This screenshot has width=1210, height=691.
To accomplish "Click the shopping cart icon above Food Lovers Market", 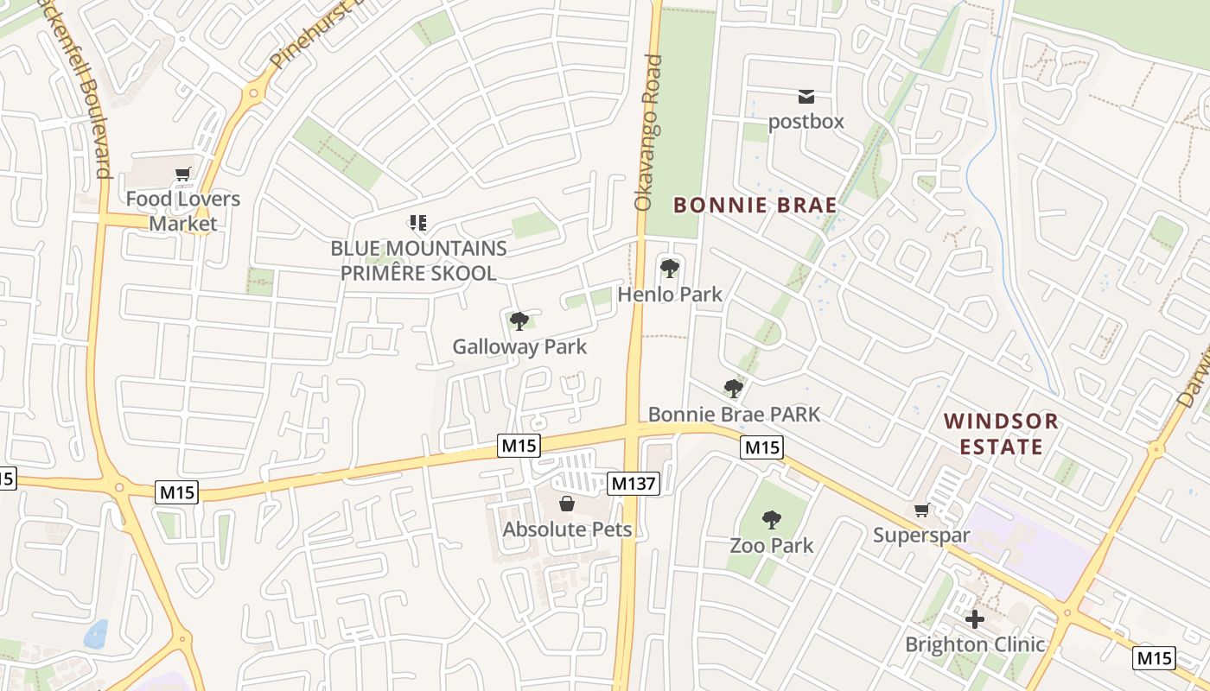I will (182, 174).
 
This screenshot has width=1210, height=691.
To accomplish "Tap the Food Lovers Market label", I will (183, 212).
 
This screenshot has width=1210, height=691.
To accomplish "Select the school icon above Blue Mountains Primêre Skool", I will (418, 224).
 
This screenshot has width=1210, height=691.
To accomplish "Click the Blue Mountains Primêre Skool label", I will (418, 261).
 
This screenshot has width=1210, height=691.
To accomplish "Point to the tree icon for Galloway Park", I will (519, 321).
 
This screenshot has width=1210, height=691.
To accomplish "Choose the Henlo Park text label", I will (670, 295).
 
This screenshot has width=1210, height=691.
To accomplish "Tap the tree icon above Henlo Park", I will (669, 268).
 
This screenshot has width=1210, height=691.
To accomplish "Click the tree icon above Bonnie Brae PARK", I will (733, 389).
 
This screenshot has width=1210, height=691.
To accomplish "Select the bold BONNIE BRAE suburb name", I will (755, 206).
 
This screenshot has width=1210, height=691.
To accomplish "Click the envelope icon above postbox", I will (806, 97).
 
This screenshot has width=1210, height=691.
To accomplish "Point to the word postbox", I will (806, 121).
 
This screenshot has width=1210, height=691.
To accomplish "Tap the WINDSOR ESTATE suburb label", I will (1001, 434).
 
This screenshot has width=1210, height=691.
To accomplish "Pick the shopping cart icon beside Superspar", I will (921, 510).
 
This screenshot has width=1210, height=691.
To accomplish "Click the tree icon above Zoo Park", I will (772, 519).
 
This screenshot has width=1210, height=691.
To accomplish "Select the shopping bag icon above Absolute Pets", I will (567, 504).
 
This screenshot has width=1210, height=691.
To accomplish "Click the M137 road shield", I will (634, 484).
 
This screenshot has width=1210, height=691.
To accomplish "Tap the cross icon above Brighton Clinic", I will (975, 619).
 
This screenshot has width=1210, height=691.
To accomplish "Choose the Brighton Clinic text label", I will (975, 644).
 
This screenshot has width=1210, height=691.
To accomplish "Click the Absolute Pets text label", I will (568, 529).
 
